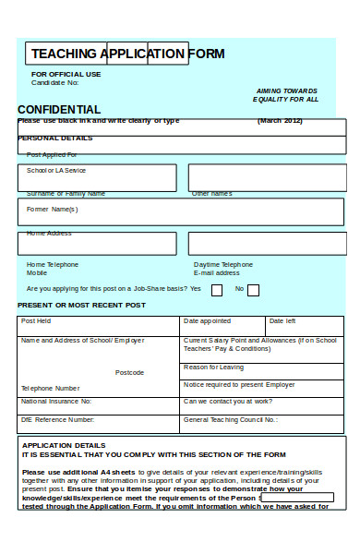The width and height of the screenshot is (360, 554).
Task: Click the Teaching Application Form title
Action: coord(127,54)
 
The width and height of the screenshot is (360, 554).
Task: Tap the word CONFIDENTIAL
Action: coord(59,110)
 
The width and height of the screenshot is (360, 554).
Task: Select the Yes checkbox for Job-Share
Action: coord(217,290)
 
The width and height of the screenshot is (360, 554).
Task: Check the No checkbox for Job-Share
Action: coord(253,290)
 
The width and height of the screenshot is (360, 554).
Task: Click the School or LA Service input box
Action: coord(97,177)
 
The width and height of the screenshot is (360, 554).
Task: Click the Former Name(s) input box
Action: coord(180,211)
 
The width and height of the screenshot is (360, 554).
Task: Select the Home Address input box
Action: coord(97,243)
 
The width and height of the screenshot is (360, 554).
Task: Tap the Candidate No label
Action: coord(55,82)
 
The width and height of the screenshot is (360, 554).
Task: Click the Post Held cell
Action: coord(99,325)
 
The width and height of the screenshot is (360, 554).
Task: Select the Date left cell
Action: coord(304,325)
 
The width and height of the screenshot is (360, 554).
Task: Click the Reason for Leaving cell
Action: coord(262,369)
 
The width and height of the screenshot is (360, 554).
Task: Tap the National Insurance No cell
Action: coord(99,404)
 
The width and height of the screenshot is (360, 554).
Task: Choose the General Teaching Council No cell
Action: coord(262,422)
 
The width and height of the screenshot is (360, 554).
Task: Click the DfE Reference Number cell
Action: coord(99,422)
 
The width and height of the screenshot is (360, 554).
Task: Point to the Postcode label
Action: coord(129,372)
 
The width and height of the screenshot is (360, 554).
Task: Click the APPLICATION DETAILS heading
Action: coord(64,445)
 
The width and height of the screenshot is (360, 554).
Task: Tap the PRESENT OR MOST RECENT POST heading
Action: coord(81,305)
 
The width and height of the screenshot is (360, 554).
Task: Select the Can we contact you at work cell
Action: coord(262,404)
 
